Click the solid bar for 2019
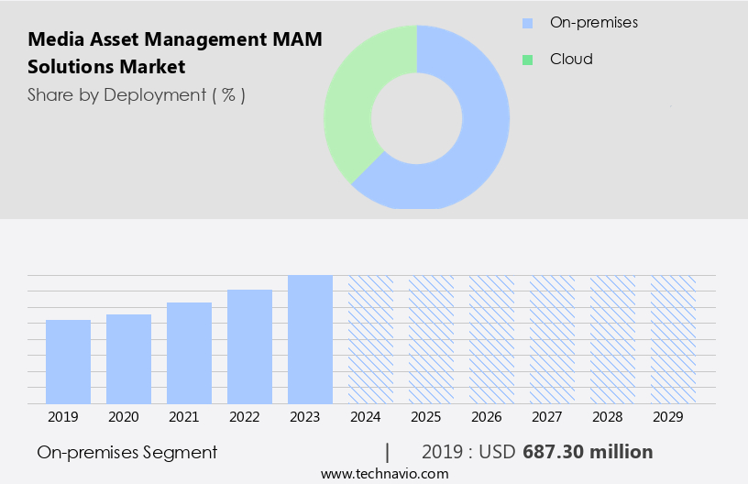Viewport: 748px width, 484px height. [x=68, y=361]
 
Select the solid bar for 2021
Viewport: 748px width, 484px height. [x=189, y=353]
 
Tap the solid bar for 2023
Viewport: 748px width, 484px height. [x=310, y=339]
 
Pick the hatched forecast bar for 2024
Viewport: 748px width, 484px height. [x=370, y=339]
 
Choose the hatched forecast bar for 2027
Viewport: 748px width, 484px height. [x=552, y=339]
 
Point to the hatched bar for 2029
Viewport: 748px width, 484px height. [x=673, y=339]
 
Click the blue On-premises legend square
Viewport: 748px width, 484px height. [x=527, y=22]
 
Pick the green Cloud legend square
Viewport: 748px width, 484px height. [x=527, y=60]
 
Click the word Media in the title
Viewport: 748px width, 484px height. [x=51, y=40]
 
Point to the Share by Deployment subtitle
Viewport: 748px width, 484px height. [x=136, y=94]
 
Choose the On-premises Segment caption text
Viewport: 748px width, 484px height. [x=127, y=452]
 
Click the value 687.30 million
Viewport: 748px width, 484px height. [x=588, y=452]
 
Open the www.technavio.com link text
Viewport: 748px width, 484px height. [x=384, y=473]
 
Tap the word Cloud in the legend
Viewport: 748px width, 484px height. [x=571, y=60]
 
